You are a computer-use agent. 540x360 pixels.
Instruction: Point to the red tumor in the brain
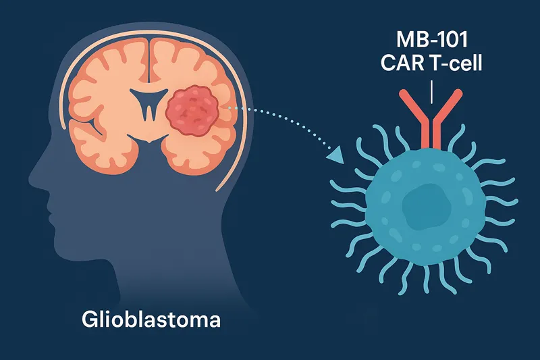195,108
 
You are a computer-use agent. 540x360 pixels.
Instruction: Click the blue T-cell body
391,223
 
